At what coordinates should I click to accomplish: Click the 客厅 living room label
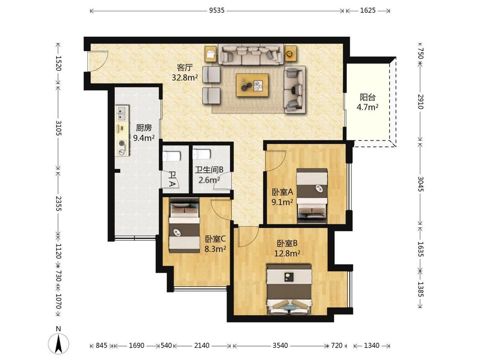pyautogui.click(x=184, y=67)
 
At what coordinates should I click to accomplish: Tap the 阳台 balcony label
pyautogui.click(x=367, y=97)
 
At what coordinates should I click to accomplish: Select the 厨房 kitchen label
pyautogui.click(x=143, y=128)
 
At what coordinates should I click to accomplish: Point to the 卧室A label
pyautogui.click(x=282, y=192)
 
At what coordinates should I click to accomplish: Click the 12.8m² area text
pyautogui.click(x=287, y=253)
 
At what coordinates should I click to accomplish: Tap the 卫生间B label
pyautogui.click(x=209, y=169)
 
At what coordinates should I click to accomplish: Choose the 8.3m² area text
pyautogui.click(x=215, y=249)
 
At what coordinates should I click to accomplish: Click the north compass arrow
pyautogui.click(x=58, y=343)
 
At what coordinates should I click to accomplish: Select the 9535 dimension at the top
pyautogui.click(x=217, y=10)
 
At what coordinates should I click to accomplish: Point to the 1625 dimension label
pyautogui.click(x=368, y=10)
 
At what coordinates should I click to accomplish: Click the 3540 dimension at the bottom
pyautogui.click(x=280, y=345)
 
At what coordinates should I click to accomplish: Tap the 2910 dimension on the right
pyautogui.click(x=421, y=102)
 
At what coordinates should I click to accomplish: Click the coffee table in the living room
pyautogui.click(x=252, y=85)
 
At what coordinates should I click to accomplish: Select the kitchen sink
pyautogui.click(x=122, y=113)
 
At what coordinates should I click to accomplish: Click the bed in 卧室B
pyautogui.click(x=289, y=290)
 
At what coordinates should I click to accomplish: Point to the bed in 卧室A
pyautogui.click(x=312, y=196)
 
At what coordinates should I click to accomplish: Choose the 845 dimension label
pyautogui.click(x=101, y=345)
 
